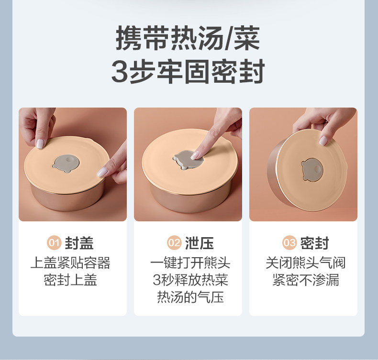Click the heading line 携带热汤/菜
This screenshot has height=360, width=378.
[188, 38]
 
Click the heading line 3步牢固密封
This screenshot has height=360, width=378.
[188, 71]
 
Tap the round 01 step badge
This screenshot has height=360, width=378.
[54, 243]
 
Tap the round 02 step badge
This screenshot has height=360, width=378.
[174, 243]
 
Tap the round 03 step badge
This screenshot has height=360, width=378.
[289, 243]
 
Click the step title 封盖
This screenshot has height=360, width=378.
[79, 243]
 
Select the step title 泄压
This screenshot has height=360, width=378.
[200, 243]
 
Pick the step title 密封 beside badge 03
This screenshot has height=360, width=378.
[314, 243]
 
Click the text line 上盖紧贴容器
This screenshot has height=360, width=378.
[70, 263]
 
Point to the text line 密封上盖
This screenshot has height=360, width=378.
[70, 280]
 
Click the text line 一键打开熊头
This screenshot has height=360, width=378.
[190, 263]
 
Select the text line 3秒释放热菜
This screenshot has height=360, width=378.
[190, 280]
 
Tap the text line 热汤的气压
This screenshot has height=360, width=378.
[190, 297]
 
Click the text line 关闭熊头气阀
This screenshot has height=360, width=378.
[305, 263]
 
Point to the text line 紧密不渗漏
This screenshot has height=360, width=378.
[305, 280]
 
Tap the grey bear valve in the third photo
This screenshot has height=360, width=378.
[311, 169]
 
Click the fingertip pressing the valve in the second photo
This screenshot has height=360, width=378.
[196, 155]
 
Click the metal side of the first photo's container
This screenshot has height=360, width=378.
[67, 199]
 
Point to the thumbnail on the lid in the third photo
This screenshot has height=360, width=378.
[323, 141]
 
